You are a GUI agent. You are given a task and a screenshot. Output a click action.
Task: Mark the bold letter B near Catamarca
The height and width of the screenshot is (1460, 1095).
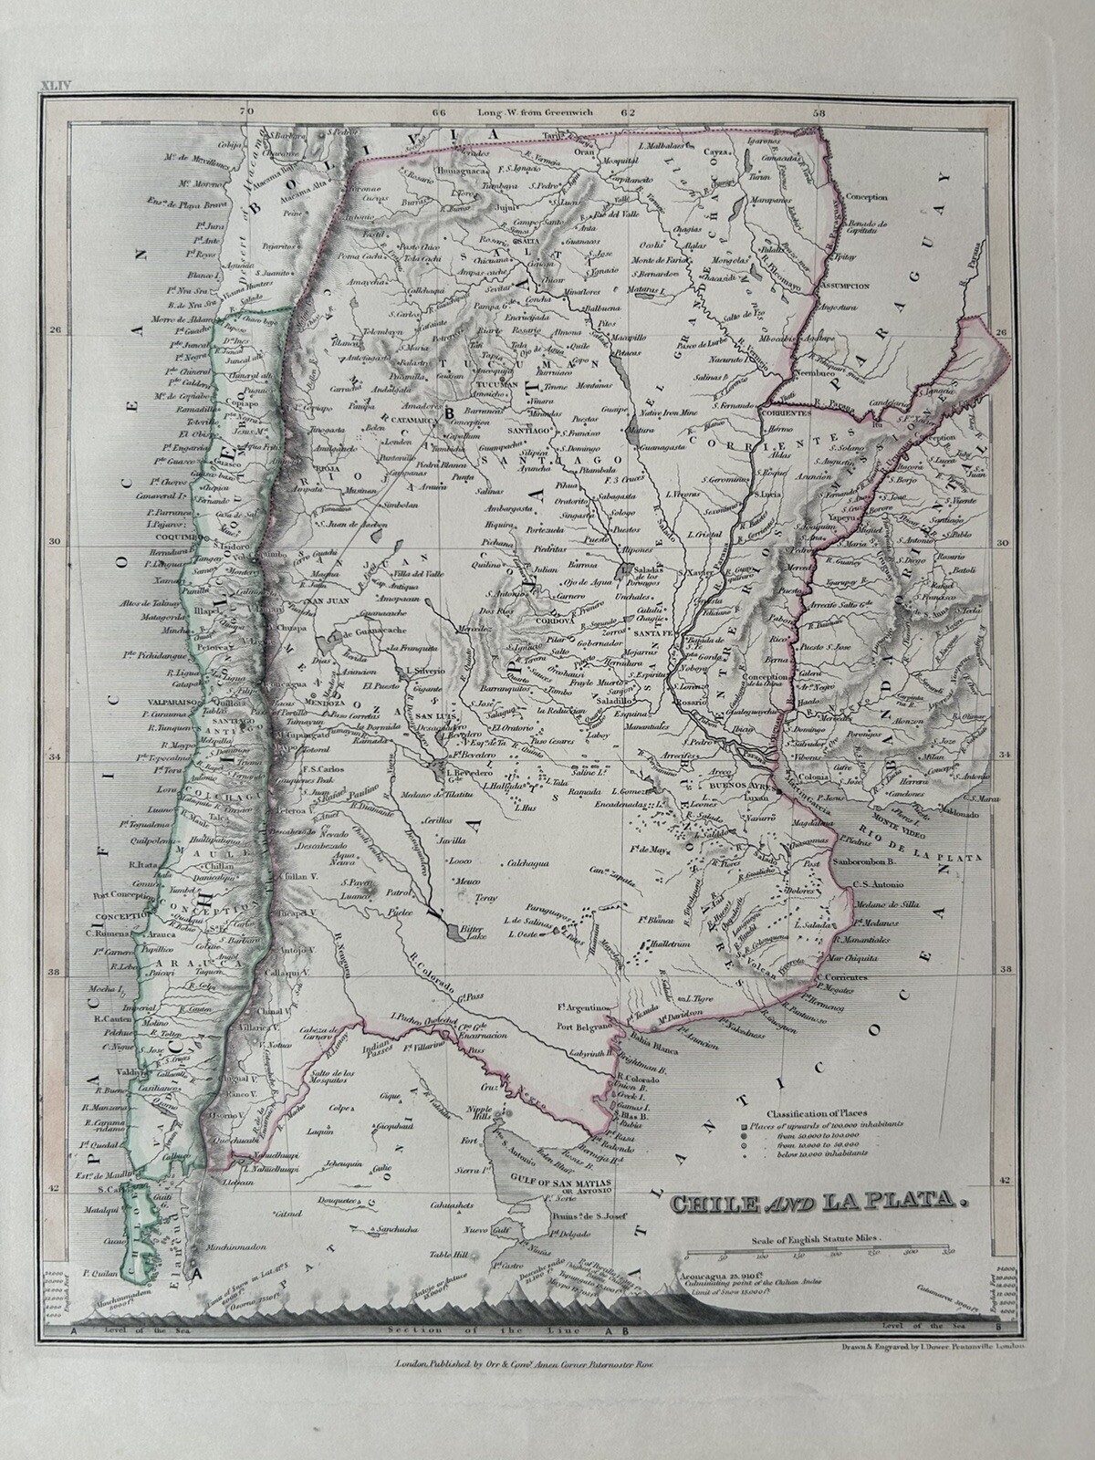coord(448,412)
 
